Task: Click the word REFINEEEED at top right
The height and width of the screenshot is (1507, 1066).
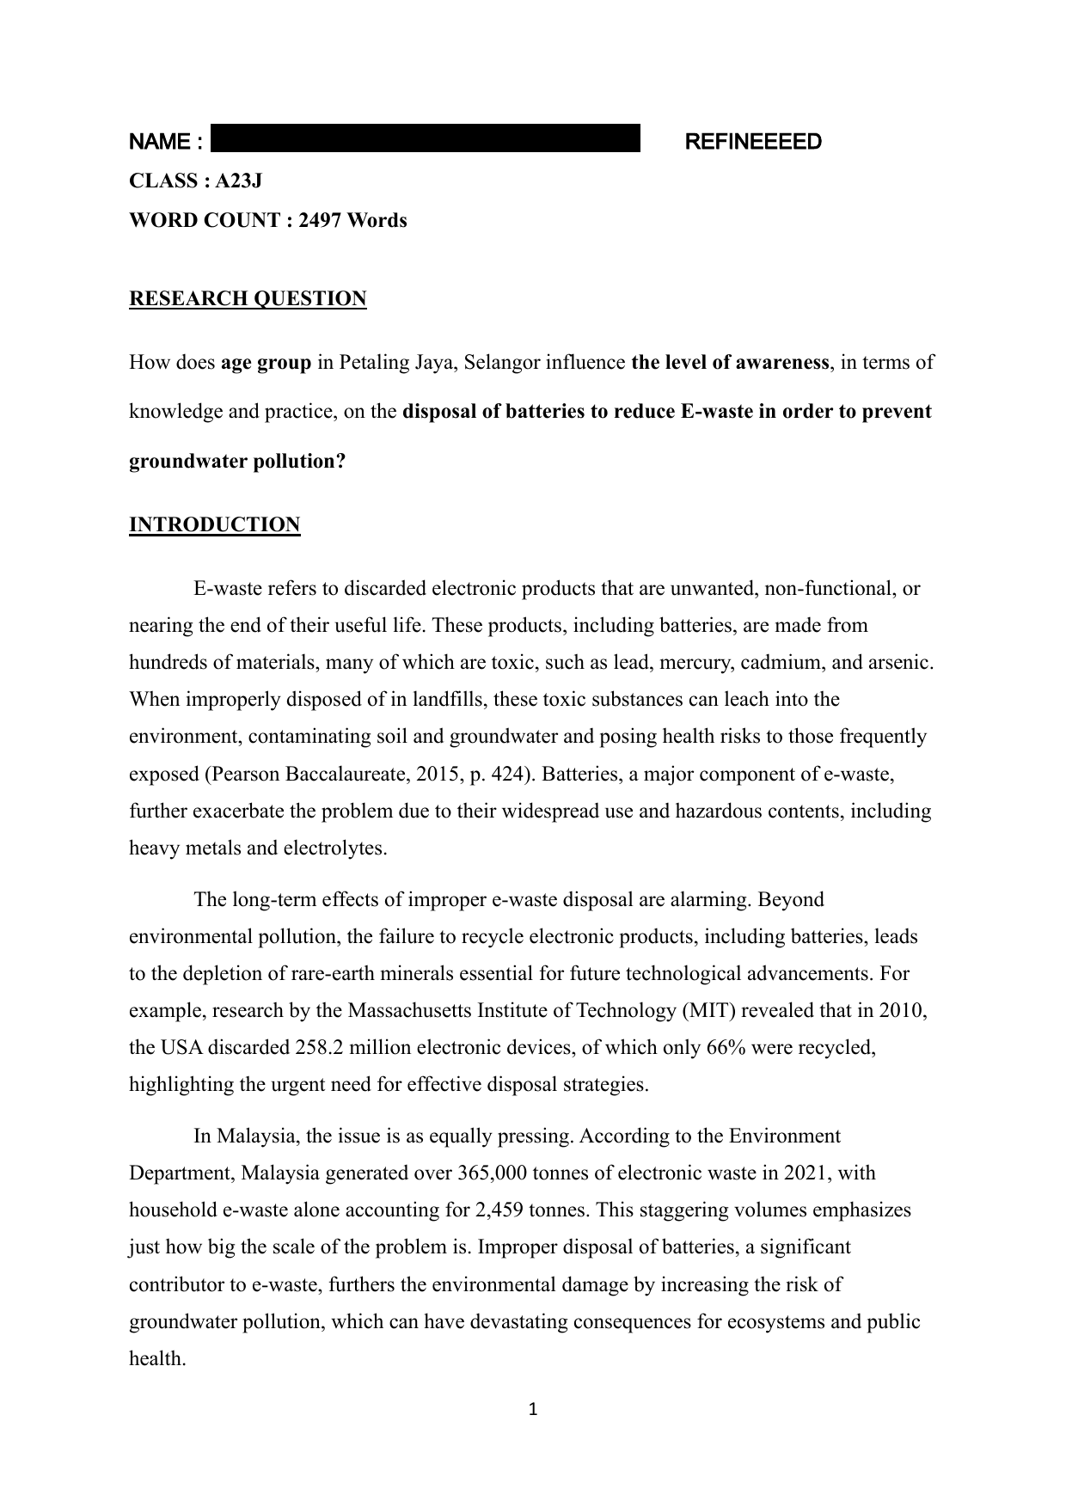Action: pos(752,142)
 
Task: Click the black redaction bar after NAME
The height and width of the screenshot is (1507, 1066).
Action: pos(426,138)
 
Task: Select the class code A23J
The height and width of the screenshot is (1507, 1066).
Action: pos(239,181)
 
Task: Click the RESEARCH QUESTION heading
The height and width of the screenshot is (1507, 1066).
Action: pos(248,298)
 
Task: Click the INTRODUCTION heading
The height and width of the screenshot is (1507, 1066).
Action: pos(214,524)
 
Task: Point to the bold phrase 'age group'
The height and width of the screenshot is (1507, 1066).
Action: pos(266,362)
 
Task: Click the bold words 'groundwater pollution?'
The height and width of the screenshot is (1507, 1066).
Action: pos(236,461)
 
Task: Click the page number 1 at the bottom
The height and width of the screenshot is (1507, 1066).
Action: pos(532,1410)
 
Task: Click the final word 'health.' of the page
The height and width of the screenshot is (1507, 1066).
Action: pos(157,1358)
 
